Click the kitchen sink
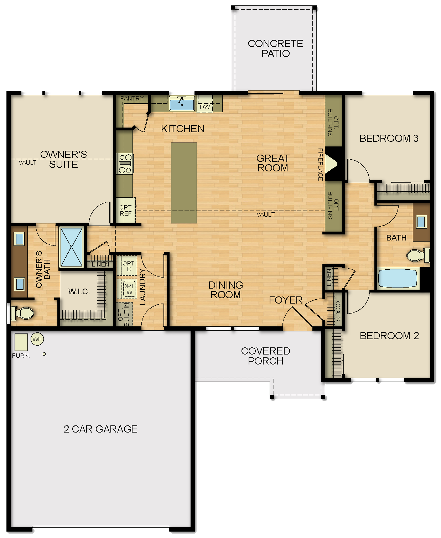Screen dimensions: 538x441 (x=182, y=104)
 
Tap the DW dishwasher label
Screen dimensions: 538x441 (x=205, y=107)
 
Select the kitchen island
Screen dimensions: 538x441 (x=184, y=183)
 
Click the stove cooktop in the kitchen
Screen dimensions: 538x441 (x=125, y=164)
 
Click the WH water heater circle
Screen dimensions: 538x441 (x=37, y=339)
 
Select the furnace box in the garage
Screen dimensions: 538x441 (x=21, y=342)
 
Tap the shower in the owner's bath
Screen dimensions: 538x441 (x=71, y=247)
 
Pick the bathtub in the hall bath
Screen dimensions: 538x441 (x=397, y=278)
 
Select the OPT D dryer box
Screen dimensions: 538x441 (x=128, y=266)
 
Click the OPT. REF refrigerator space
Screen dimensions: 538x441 (x=126, y=211)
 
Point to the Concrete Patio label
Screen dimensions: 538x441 (x=275, y=48)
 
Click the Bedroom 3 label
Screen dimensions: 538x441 (x=389, y=138)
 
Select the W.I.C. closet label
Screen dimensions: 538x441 (x=79, y=292)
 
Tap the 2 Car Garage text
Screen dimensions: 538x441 (x=100, y=429)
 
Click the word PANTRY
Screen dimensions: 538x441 (x=132, y=98)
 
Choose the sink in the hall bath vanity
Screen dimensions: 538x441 (x=421, y=222)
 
